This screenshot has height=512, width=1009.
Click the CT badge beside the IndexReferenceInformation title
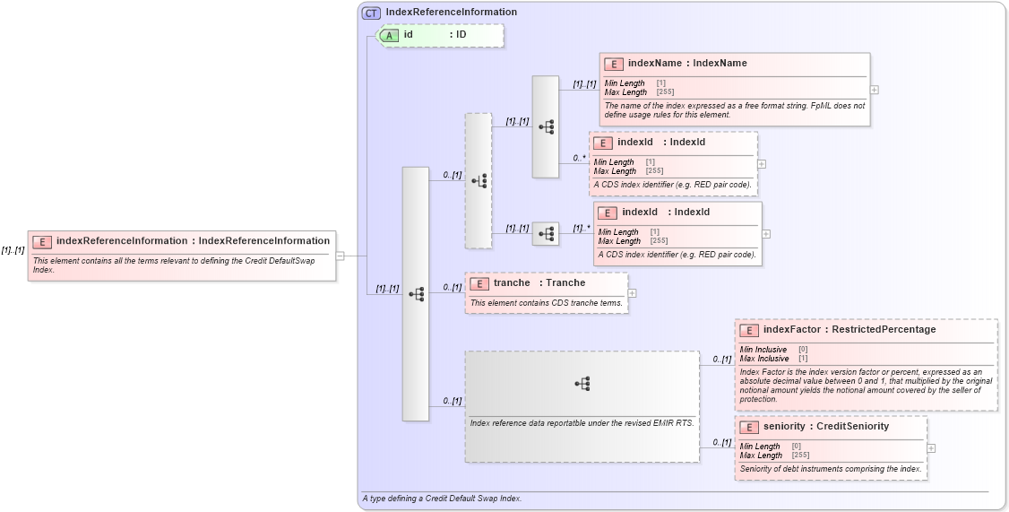click(371, 13)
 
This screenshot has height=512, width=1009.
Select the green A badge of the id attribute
click(389, 35)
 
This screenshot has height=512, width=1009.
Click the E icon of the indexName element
click(614, 64)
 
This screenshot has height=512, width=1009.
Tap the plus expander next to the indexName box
click(874, 90)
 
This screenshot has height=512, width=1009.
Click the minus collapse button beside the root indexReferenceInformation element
click(341, 256)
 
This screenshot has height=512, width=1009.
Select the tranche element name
click(511, 283)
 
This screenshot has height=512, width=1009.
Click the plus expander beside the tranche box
click(632, 292)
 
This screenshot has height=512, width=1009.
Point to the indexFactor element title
click(849, 330)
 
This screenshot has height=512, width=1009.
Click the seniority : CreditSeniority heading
click(825, 427)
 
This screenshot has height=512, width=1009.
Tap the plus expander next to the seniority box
click(931, 447)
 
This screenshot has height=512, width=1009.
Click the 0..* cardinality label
click(579, 158)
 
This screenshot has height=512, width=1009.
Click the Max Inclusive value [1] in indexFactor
click(803, 359)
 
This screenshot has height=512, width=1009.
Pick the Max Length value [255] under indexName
click(665, 92)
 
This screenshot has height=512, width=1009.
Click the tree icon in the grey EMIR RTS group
click(582, 383)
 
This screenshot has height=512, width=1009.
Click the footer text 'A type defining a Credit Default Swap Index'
click(442, 498)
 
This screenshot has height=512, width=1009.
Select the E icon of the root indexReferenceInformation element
click(42, 241)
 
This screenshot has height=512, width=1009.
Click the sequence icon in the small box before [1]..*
click(546, 234)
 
